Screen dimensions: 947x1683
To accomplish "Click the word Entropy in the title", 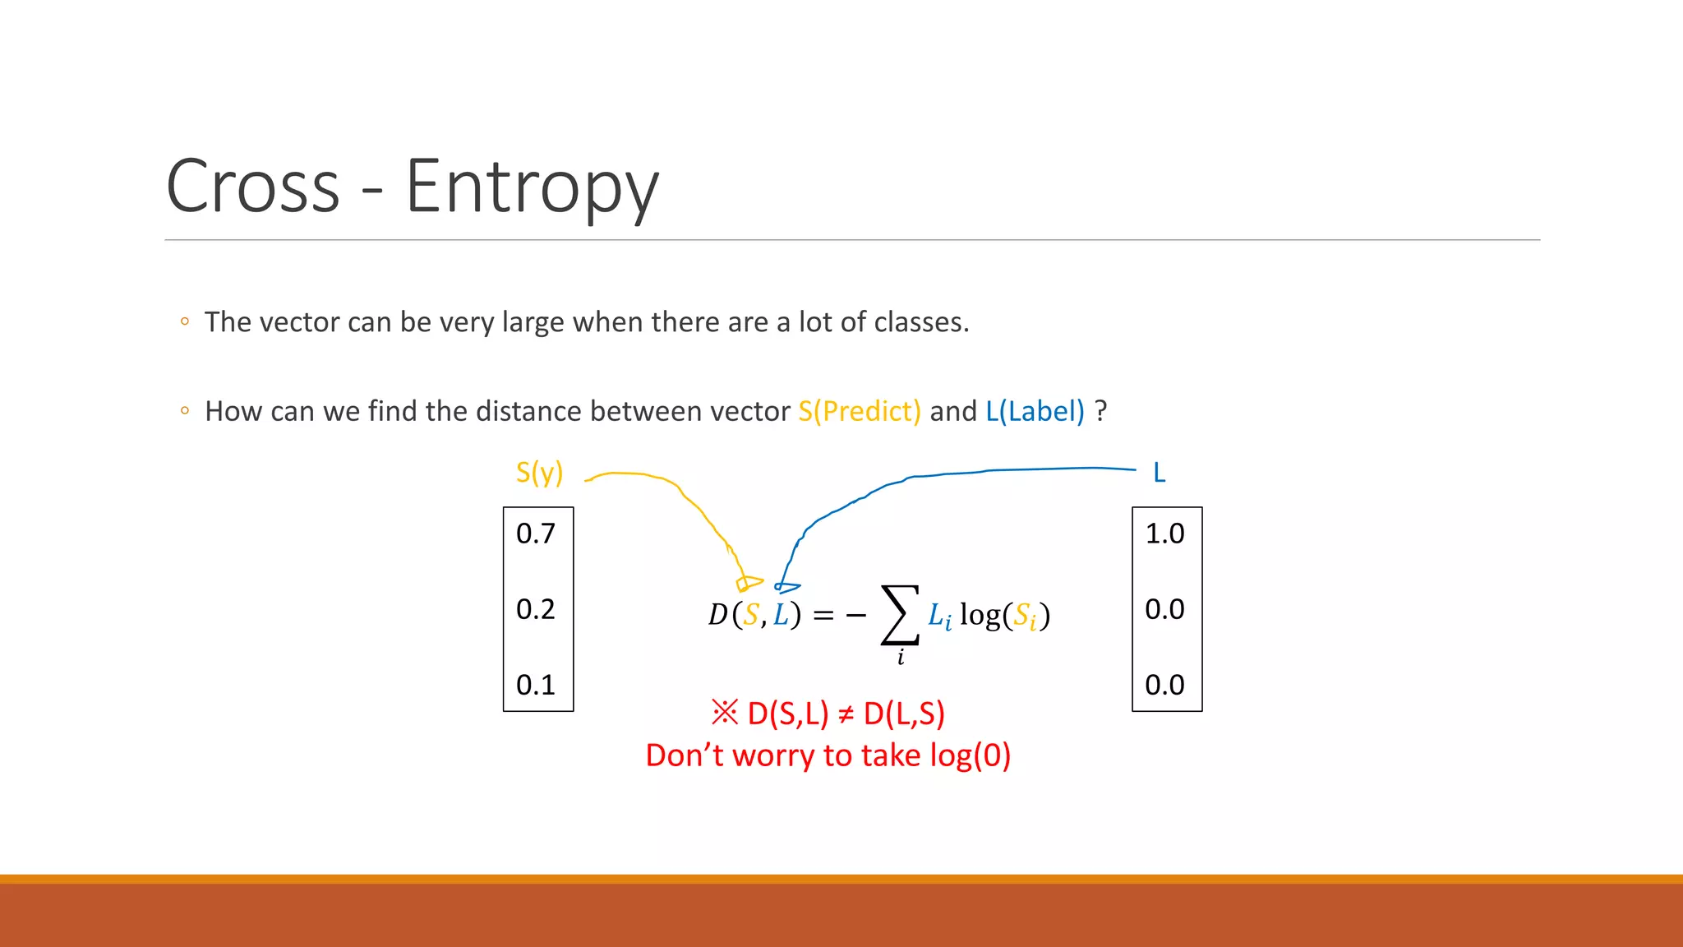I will tap(532, 187).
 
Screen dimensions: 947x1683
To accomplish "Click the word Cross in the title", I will tap(253, 187).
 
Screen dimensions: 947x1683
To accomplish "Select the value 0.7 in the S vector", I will tap(536, 534).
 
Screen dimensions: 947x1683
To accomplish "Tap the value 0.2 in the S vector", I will tap(536, 609).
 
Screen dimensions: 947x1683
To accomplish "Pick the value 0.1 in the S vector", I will tap(536, 685).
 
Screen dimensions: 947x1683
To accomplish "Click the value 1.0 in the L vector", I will tap(1164, 534).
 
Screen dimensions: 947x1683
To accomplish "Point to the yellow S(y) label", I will tap(539, 473).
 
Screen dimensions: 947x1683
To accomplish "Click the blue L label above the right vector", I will tap(1159, 473).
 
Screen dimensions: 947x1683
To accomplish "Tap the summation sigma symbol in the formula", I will tap(899, 614).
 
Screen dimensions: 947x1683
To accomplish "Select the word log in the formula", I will tap(980, 615).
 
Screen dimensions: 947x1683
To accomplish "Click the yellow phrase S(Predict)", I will tap(860, 411).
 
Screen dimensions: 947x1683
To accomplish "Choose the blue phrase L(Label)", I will tap(1035, 411).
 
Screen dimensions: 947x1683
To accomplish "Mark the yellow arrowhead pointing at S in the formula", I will tap(747, 584).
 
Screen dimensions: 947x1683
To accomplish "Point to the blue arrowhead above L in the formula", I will tap(786, 587).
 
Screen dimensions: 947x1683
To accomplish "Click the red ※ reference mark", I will tap(725, 713).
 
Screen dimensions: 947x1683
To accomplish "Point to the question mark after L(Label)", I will tap(1101, 411).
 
